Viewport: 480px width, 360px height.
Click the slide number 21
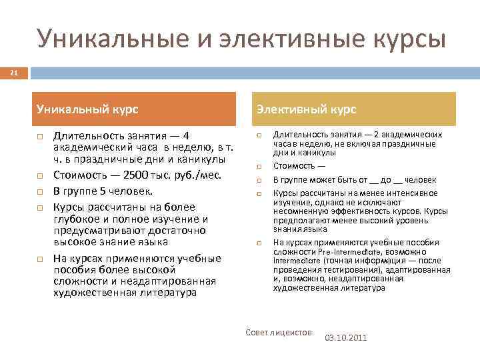coord(14,72)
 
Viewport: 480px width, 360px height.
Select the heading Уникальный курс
coord(92,109)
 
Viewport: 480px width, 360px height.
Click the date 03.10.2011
coord(345,338)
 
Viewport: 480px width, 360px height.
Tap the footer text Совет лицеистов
coord(279,331)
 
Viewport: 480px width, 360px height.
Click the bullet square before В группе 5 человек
coord(40,190)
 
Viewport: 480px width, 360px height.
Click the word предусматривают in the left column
coord(97,230)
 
